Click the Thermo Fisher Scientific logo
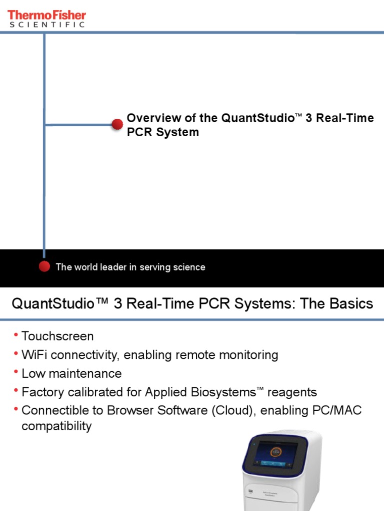46,18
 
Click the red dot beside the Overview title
117,125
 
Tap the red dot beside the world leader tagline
44,266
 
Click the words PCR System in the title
162,132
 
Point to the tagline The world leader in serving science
130,267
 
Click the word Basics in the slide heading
350,303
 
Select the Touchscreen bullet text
57,336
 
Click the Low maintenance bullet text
71,373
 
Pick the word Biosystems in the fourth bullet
218,392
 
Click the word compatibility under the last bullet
56,426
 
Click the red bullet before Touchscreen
16,334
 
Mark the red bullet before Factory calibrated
16,390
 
